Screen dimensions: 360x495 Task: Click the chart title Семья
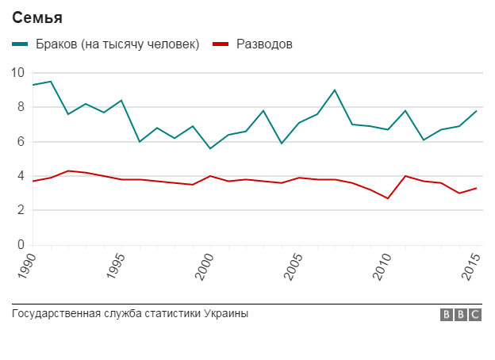[37, 17]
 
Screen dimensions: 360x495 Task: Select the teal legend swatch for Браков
[20, 44]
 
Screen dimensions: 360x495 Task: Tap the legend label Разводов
[264, 44]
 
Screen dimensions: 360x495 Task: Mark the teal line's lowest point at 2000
[210, 148]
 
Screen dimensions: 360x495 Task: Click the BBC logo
[461, 315]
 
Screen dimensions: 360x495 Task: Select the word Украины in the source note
[227, 314]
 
